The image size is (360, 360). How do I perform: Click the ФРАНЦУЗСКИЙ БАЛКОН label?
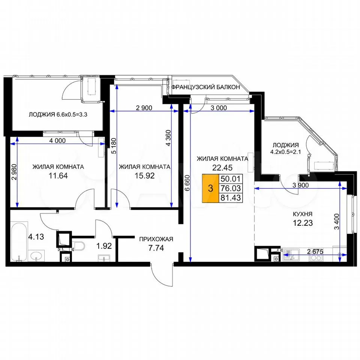(x=205, y=87)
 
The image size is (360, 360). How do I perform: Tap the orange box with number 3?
(x=210, y=189)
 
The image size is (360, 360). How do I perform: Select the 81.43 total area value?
(x=231, y=198)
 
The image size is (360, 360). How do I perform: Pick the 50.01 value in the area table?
(x=231, y=178)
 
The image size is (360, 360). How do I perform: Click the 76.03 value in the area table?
(x=231, y=188)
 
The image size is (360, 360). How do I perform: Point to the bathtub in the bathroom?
(x=19, y=241)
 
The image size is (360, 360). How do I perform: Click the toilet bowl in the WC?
(x=78, y=246)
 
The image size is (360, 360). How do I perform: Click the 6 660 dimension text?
(x=187, y=183)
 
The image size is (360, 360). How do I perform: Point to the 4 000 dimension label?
(x=57, y=141)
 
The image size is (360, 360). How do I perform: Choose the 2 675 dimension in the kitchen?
(x=315, y=252)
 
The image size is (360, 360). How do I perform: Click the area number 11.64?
(x=58, y=176)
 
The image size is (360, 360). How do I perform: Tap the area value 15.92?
(x=144, y=176)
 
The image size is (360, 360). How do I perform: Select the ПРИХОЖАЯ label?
(x=156, y=239)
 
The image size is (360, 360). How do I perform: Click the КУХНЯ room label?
(x=303, y=214)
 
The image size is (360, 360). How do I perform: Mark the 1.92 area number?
(x=104, y=246)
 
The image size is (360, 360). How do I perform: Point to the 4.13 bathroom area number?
(x=36, y=237)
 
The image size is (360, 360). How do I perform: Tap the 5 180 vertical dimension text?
(x=114, y=146)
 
